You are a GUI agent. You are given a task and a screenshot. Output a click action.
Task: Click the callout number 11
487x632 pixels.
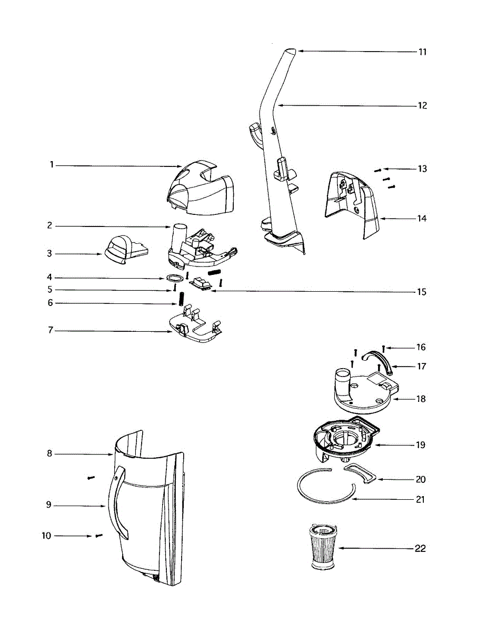point(422,52)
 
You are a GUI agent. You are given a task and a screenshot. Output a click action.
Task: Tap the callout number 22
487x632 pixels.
point(420,549)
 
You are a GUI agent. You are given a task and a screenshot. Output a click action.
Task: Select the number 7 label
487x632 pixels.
point(50,331)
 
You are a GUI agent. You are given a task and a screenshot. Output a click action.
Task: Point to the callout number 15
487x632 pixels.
point(420,292)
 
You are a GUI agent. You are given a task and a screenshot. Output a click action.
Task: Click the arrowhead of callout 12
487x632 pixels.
point(280,105)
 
